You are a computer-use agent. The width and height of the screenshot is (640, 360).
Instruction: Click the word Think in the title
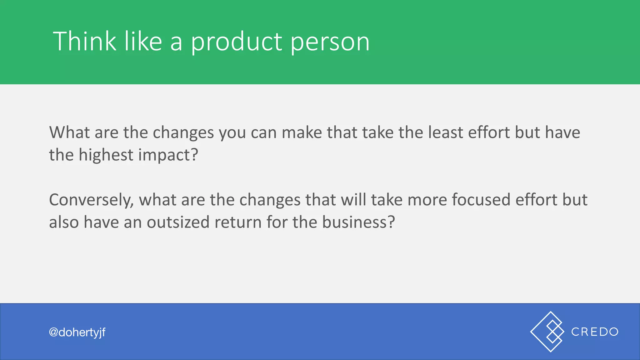(84, 41)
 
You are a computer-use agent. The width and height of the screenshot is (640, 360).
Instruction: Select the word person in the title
(330, 43)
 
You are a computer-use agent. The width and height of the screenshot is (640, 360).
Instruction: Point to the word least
(445, 132)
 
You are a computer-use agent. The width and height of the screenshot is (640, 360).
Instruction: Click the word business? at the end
(358, 222)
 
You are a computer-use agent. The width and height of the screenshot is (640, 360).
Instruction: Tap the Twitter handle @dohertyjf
(77, 332)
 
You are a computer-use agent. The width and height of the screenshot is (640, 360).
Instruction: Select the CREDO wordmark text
(595, 332)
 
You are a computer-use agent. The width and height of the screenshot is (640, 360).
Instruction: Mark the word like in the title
(143, 41)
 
